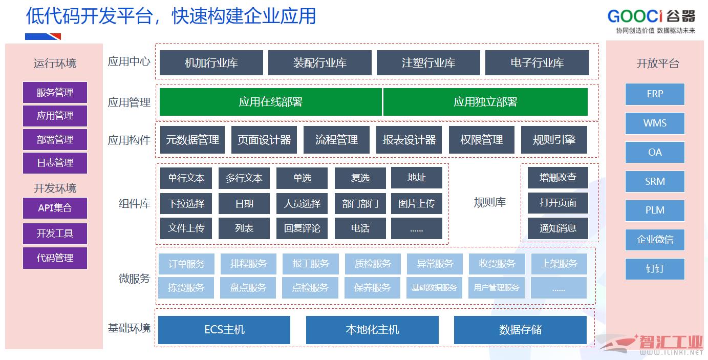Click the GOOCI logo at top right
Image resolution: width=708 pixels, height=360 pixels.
point(651,17)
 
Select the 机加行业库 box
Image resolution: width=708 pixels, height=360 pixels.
point(211,63)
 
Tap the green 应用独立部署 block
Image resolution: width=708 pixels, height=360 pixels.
point(485,102)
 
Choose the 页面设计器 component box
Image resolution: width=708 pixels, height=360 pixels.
point(264,140)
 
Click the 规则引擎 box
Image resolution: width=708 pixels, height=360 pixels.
point(554,140)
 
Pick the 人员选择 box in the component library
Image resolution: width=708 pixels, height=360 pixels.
point(302,203)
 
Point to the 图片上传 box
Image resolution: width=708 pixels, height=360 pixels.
point(416,203)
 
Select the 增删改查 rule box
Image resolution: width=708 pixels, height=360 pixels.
point(557,178)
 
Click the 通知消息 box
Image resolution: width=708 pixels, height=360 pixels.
point(557,228)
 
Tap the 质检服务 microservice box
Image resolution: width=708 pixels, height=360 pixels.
point(373,264)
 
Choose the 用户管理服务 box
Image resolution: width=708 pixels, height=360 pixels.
point(496,288)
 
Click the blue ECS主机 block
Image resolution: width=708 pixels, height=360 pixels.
point(224,329)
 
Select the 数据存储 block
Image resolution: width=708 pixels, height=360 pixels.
point(520,329)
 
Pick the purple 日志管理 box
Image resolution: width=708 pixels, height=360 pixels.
point(55,163)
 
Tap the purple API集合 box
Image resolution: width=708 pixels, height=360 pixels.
point(55,208)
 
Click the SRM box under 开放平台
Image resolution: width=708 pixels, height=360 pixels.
point(655,181)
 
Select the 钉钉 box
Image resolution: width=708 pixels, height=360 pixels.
point(655,269)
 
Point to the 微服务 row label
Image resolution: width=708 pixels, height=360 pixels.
point(134,279)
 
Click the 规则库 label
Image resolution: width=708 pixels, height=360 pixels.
point(489,203)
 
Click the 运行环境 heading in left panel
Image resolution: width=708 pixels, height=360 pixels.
point(55,63)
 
